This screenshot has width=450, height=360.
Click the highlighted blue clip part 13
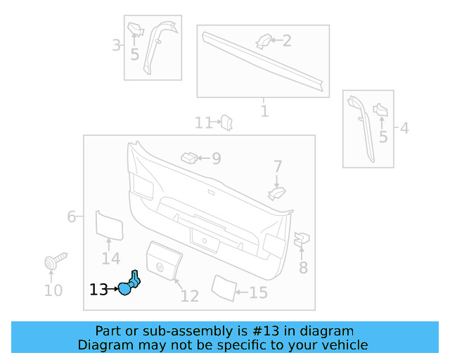pos(131,284)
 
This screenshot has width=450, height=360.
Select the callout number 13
pos(98,289)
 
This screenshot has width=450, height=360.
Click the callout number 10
pos(53,290)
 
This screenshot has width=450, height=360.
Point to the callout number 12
pos(189,296)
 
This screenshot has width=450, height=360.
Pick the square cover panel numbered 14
pos(109,225)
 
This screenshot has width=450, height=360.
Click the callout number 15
pos(259,292)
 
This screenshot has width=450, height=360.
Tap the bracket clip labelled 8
pos(300,240)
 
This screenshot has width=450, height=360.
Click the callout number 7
pos(278,167)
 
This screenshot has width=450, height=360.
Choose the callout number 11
pos(203,123)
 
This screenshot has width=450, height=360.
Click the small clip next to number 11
pos(227,123)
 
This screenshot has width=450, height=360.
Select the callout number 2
pos(287,41)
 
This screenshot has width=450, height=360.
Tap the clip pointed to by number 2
pos(264,40)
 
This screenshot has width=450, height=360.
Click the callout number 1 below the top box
pos(264,111)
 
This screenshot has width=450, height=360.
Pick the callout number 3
pos(116,46)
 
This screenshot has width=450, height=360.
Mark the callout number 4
pos(404,128)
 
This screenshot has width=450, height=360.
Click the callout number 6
pos(72,217)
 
